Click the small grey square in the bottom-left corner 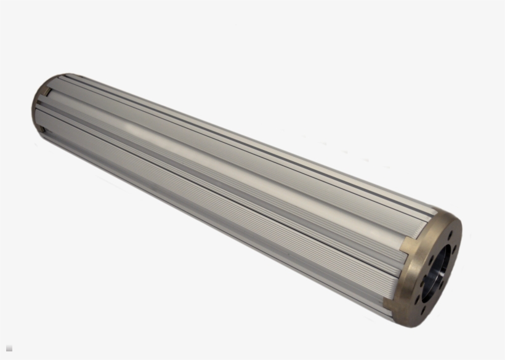[x=9, y=348]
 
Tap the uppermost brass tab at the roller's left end [x=46, y=91]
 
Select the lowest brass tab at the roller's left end [x=43, y=129]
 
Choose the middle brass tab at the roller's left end [x=38, y=109]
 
